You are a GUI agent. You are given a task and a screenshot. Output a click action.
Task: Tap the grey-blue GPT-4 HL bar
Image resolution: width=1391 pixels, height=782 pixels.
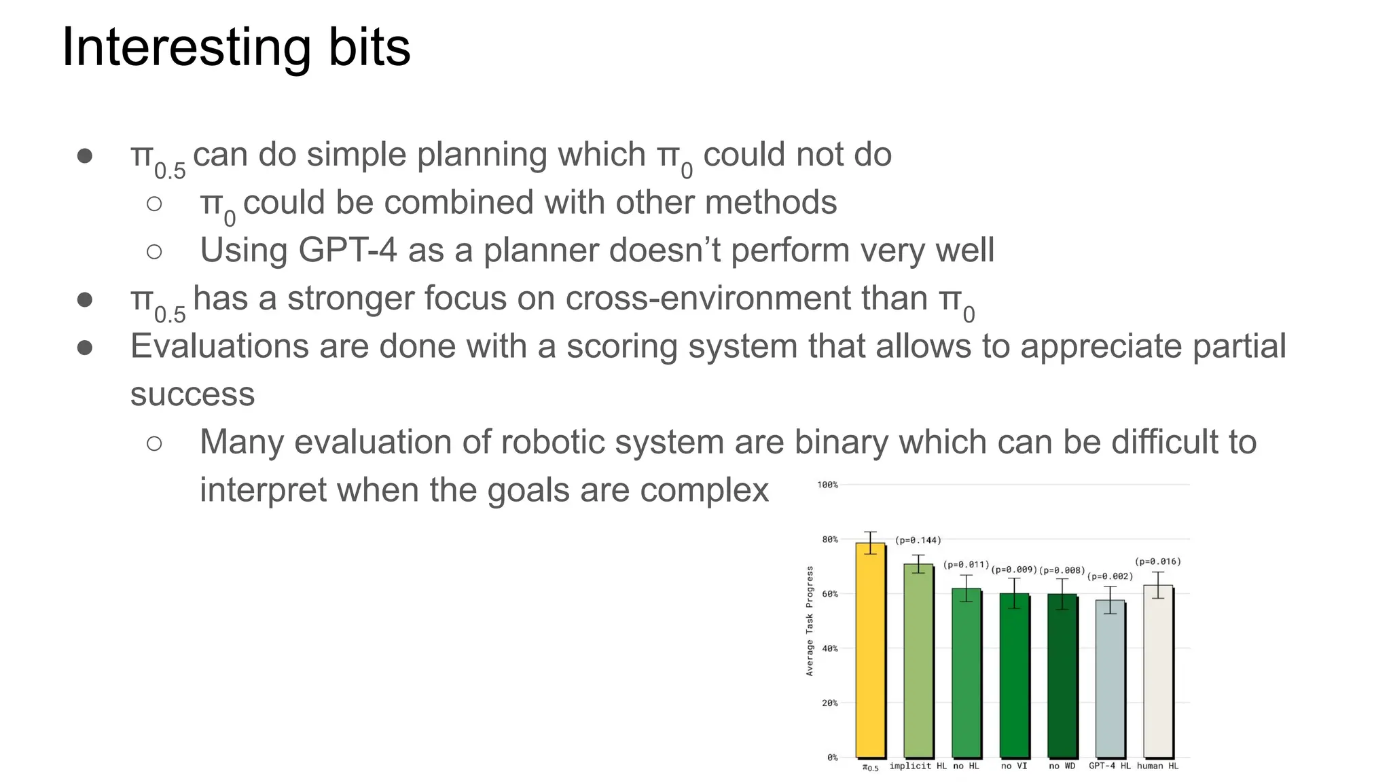coord(1110,678)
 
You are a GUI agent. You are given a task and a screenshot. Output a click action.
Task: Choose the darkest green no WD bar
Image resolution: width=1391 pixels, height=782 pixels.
coord(1062,675)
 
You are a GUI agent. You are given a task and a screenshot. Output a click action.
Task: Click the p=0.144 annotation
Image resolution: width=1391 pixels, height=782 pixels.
coord(918,540)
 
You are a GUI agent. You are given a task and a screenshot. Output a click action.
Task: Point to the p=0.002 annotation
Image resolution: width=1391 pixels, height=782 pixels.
coord(1110,576)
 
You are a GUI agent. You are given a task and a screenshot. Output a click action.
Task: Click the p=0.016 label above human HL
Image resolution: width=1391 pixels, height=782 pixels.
coord(1157,561)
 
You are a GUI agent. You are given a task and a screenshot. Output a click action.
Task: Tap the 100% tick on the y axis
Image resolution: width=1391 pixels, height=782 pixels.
coord(827,485)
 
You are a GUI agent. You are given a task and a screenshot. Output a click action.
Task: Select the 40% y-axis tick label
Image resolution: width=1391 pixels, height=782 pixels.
coord(829,648)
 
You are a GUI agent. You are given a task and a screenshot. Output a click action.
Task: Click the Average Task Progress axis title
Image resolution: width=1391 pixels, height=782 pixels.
coord(809,621)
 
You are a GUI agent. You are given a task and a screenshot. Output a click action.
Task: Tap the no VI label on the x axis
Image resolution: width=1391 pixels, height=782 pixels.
coord(1013,766)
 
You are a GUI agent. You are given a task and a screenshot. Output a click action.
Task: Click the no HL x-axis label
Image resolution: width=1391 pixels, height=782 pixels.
coord(966,766)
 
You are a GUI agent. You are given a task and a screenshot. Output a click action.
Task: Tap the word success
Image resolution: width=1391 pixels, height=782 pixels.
coord(192,394)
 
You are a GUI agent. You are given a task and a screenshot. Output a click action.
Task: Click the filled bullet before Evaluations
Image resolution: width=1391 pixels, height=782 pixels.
coord(85,348)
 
